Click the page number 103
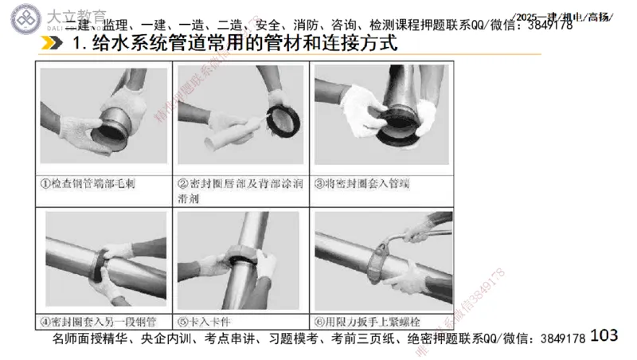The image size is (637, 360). (605, 335)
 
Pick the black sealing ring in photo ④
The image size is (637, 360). (104, 263)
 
